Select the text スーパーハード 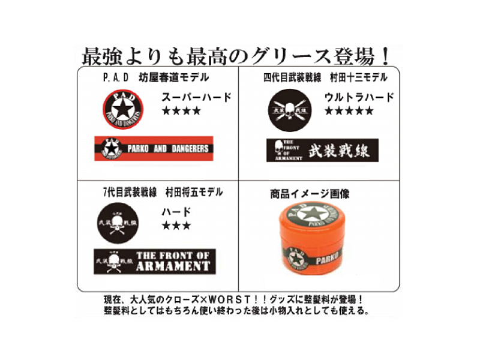point(196,97)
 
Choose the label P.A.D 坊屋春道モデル point(154,77)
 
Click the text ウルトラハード point(359,97)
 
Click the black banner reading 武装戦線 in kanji point(322,150)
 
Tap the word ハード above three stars point(176,211)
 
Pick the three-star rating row point(176,226)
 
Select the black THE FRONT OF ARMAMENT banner point(155,262)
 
